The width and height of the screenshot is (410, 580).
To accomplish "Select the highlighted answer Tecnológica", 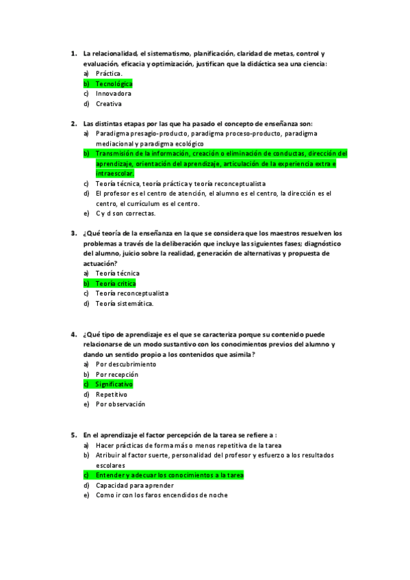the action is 114,83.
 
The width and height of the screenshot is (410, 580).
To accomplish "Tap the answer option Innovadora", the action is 114,94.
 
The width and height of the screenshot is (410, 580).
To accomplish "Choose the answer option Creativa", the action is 109,104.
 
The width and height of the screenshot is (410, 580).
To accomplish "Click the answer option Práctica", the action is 109,73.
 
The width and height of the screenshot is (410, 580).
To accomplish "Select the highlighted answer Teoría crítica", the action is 116,283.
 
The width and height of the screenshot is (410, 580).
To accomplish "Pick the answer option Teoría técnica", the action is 117,273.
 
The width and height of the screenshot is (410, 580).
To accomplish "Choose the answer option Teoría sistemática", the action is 125,304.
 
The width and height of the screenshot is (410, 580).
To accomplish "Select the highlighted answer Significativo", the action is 114,384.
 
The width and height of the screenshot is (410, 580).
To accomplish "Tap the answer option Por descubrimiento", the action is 126,365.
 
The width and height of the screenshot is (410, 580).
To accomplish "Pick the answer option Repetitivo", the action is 112,395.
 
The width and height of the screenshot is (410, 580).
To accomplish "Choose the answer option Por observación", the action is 120,404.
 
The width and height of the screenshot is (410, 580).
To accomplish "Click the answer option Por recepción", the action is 117,375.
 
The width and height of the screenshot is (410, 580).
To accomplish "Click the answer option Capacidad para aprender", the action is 130,486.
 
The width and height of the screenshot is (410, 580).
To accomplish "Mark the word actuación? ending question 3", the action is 100,263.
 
